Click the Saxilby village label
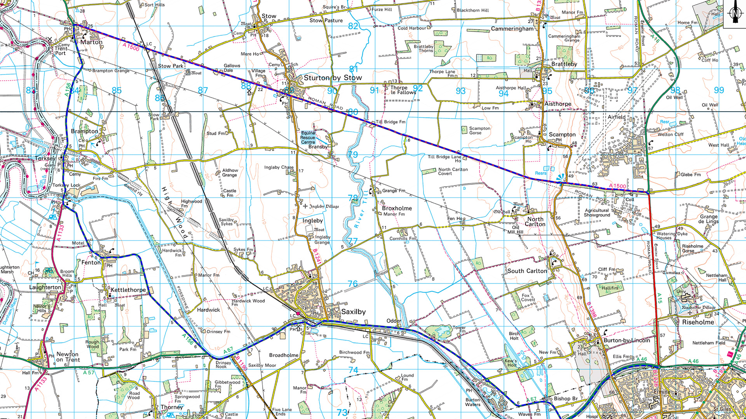click(353, 312)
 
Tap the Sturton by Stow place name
click(333, 78)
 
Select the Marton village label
click(91, 42)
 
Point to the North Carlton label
click(535, 222)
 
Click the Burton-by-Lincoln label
click(626, 340)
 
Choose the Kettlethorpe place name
click(128, 290)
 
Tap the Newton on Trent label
click(68, 357)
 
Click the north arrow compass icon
click(734, 14)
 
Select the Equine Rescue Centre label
click(308, 137)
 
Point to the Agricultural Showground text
click(597, 213)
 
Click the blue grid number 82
click(353, 26)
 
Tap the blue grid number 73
click(342, 412)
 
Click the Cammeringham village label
click(512, 29)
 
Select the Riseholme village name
click(698, 322)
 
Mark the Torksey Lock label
click(66, 185)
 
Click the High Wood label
click(175, 211)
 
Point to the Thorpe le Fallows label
click(403, 90)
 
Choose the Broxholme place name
click(397, 208)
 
